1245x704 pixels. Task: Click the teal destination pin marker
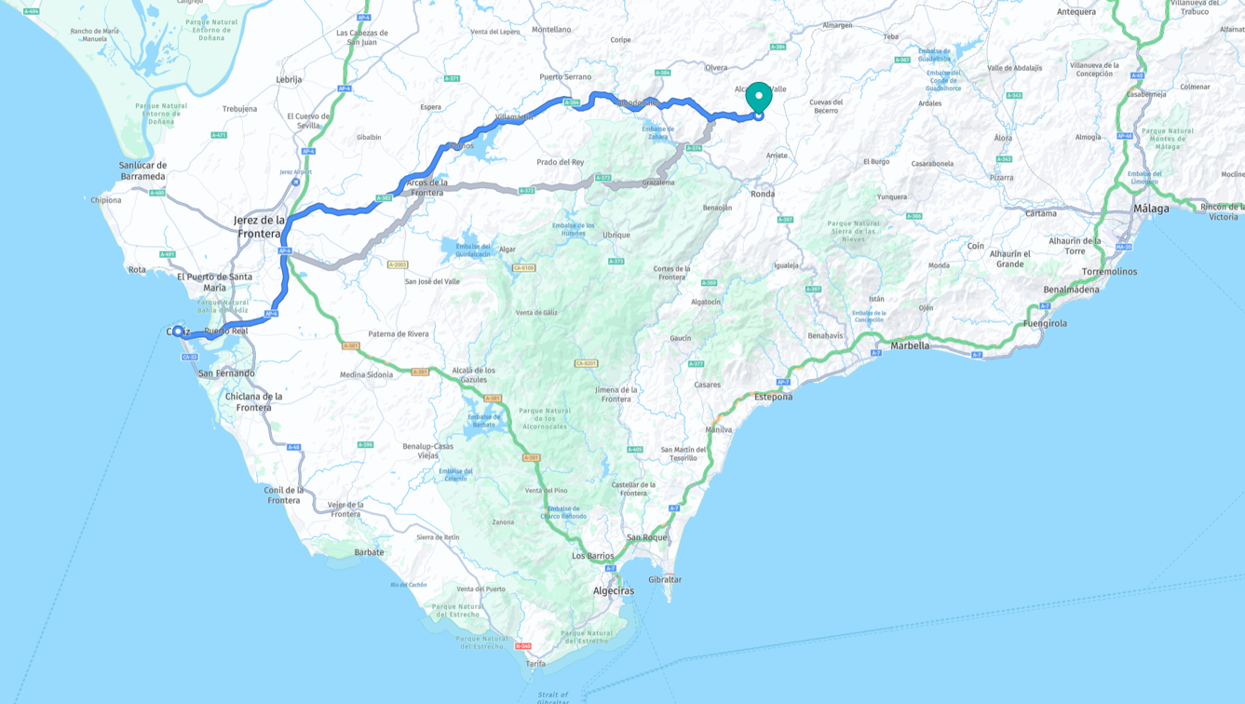[759, 97]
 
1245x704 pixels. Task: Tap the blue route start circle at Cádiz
[178, 332]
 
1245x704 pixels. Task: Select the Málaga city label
[1151, 209]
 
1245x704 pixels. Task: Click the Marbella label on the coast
[910, 345]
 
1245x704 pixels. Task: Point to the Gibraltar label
[665, 579]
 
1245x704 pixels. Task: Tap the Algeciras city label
[614, 590]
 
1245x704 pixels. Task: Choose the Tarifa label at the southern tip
[535, 663]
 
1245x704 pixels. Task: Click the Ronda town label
[763, 194]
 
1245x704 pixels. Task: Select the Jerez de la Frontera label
[259, 226]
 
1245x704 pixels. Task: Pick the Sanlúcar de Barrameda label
[142, 170]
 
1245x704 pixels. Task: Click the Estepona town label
[774, 397]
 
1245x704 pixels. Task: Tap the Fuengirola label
[1045, 323]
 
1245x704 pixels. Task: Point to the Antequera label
[1076, 12]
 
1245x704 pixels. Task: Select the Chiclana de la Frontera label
[253, 401]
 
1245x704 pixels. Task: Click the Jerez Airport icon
[295, 183]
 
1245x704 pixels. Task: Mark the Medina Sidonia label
[366, 375]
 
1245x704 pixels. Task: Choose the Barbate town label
[369, 552]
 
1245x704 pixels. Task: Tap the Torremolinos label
[1109, 272]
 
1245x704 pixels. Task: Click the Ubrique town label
[616, 235]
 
